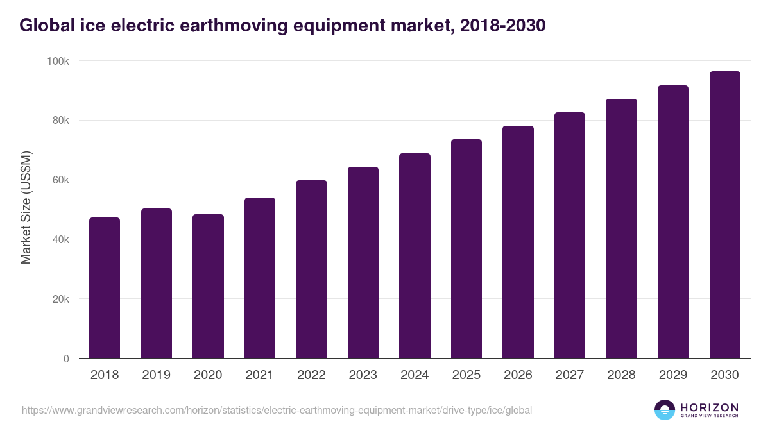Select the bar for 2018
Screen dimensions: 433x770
(105, 288)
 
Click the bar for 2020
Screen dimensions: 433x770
(208, 286)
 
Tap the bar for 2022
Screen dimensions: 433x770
(311, 269)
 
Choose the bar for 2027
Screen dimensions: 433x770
(570, 235)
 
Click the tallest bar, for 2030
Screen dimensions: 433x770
(724, 215)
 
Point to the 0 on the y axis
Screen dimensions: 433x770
(66, 359)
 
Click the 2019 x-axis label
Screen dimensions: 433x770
(157, 375)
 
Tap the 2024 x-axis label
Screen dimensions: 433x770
(415, 375)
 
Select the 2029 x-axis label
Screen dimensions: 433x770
(672, 375)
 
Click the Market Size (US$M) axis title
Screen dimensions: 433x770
(26, 207)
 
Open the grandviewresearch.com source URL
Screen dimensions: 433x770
(277, 410)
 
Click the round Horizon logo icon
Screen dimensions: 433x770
(665, 410)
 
